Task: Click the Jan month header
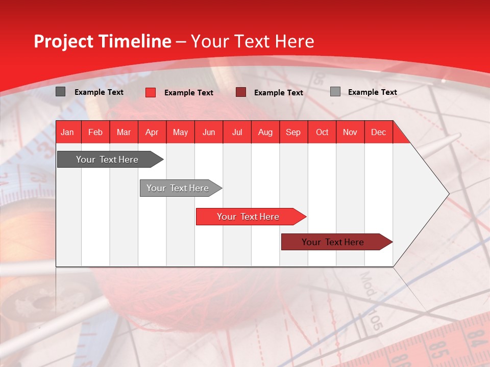pyautogui.click(x=67, y=133)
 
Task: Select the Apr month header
pyautogui.click(x=152, y=133)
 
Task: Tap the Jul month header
pyautogui.click(x=237, y=133)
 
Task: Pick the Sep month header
pyautogui.click(x=293, y=133)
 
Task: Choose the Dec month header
pyautogui.click(x=378, y=133)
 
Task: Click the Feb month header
pyautogui.click(x=95, y=133)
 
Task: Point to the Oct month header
pyautogui.click(x=322, y=133)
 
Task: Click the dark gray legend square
pyautogui.click(x=61, y=92)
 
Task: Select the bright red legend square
pyautogui.click(x=151, y=92)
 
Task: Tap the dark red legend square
pyautogui.click(x=241, y=92)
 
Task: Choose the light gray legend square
pyautogui.click(x=335, y=92)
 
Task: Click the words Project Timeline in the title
pyautogui.click(x=103, y=41)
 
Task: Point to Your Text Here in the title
pyautogui.click(x=252, y=41)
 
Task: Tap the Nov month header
pyautogui.click(x=350, y=133)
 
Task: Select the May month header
pyautogui.click(x=180, y=133)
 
